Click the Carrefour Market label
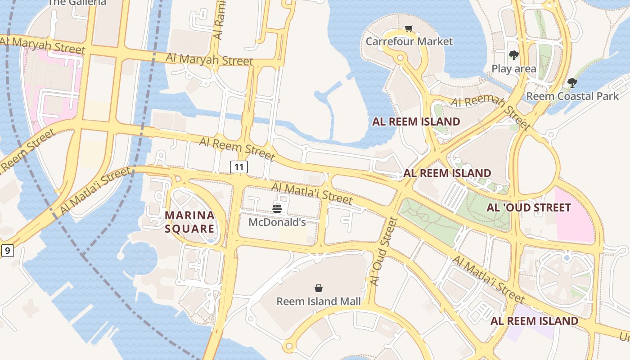(x=409, y=41)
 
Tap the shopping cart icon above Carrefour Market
(x=409, y=29)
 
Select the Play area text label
(x=513, y=69)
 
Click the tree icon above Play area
(x=513, y=55)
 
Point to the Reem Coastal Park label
(x=572, y=96)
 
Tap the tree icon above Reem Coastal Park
(x=572, y=83)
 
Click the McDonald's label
(x=277, y=222)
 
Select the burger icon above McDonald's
(x=277, y=208)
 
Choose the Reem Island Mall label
(x=318, y=301)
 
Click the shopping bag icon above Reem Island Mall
(x=319, y=288)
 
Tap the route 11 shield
(x=239, y=167)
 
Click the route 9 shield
(x=7, y=250)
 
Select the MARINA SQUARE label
(x=189, y=222)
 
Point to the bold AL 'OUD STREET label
(x=528, y=207)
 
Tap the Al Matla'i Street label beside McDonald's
(x=311, y=193)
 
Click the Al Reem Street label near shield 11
(x=237, y=149)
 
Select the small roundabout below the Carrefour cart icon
(x=399, y=58)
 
